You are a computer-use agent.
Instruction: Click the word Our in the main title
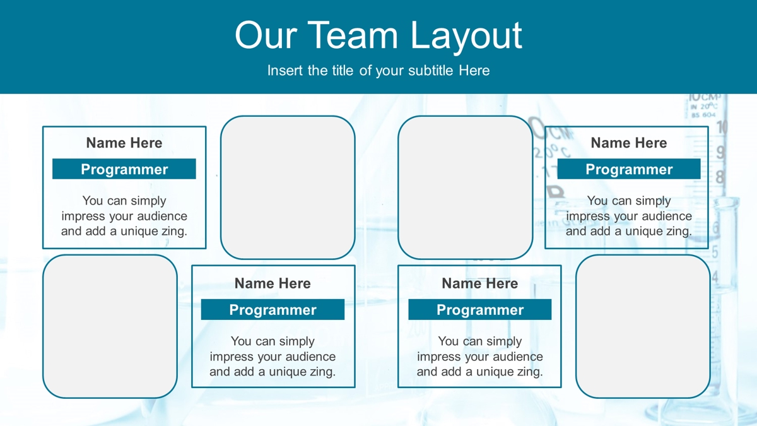click(x=266, y=35)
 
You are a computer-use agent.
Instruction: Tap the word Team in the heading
click(x=353, y=35)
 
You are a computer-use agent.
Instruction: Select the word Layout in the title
click(x=466, y=37)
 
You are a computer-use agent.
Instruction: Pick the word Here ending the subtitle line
click(x=474, y=71)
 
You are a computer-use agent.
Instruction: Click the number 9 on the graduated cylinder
click(x=720, y=152)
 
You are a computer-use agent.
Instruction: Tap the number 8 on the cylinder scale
click(x=720, y=177)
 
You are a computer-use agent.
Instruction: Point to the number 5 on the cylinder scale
click(x=715, y=252)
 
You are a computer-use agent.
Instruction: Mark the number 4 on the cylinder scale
click(x=715, y=277)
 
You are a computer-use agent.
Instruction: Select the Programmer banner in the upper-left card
click(x=124, y=169)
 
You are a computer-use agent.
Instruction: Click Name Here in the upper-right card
click(x=628, y=143)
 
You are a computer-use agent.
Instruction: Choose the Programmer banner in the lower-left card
click(x=273, y=309)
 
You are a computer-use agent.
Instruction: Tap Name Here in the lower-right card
click(x=480, y=283)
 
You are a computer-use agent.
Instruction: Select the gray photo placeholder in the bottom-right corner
click(x=643, y=327)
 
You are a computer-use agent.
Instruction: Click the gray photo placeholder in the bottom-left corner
click(x=110, y=327)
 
